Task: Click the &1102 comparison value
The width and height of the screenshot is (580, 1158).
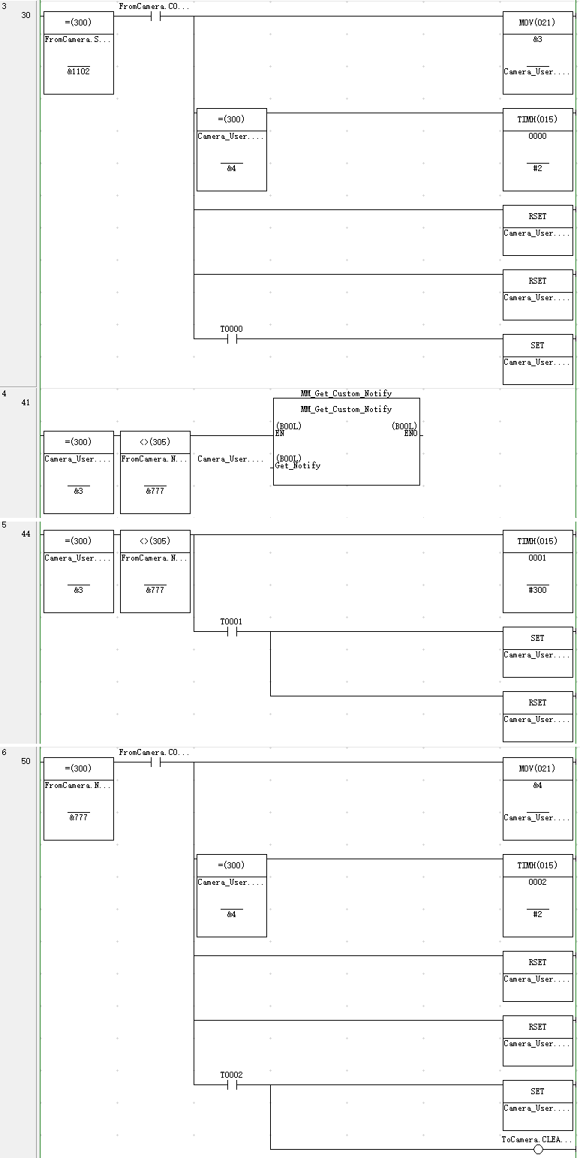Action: [79, 71]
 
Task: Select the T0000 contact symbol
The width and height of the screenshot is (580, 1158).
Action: [232, 338]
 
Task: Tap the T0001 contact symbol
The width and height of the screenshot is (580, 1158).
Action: [232, 631]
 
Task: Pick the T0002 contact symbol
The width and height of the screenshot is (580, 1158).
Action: [232, 1084]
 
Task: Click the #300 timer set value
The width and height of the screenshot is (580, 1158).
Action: [538, 590]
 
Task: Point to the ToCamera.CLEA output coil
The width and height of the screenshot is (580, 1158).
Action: [538, 1149]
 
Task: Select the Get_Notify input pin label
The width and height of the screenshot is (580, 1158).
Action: [298, 465]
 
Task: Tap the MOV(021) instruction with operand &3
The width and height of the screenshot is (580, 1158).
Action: [538, 23]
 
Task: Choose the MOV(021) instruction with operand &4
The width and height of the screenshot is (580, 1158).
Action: [538, 768]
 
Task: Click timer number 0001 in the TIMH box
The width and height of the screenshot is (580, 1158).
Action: [538, 558]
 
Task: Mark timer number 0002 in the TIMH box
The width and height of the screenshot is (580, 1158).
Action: [538, 883]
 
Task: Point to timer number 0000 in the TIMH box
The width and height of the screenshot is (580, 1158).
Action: [538, 137]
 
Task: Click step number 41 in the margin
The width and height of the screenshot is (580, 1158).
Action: [26, 402]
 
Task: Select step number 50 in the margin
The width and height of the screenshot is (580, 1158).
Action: [26, 761]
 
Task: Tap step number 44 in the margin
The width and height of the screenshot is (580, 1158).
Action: [26, 534]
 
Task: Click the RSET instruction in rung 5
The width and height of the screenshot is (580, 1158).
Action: [538, 702]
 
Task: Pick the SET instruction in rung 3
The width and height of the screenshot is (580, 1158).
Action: [538, 345]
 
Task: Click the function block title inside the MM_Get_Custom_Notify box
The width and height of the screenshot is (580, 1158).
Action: [346, 409]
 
